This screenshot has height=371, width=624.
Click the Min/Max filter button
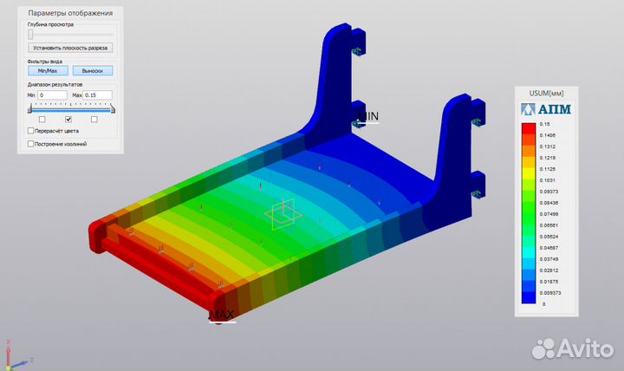(48, 71)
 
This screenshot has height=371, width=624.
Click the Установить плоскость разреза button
(70, 48)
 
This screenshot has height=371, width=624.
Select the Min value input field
(53, 94)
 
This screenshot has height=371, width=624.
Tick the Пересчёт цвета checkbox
(32, 131)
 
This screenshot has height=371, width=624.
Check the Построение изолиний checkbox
(32, 143)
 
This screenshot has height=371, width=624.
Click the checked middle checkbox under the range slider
(68, 119)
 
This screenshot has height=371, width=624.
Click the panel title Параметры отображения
(69, 13)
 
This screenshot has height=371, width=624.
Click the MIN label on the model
(368, 115)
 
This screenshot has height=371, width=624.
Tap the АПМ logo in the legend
(546, 109)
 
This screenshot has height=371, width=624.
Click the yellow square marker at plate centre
(283, 217)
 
